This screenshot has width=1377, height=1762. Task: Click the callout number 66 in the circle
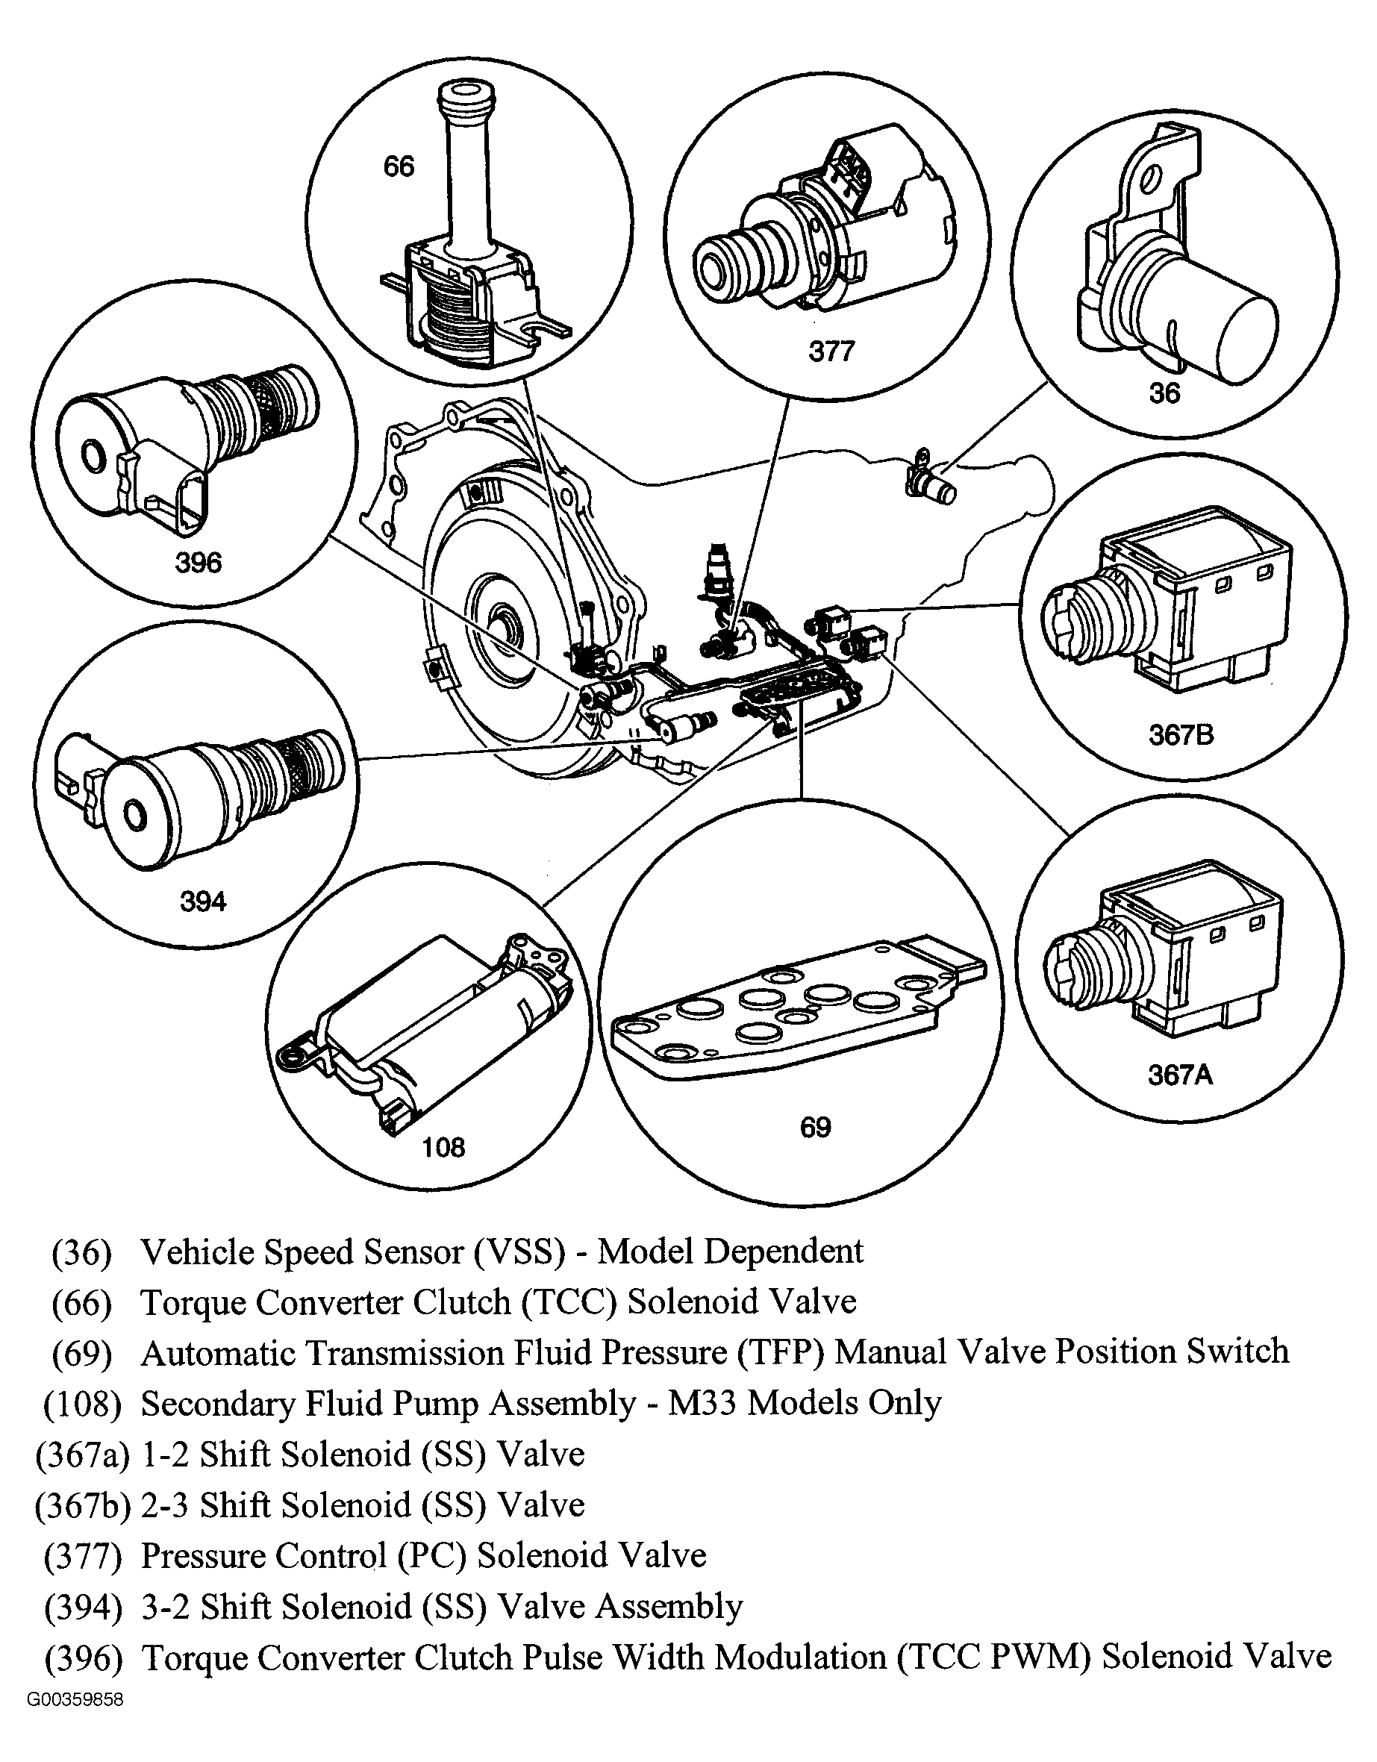point(399,167)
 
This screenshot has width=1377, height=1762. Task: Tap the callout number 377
point(831,352)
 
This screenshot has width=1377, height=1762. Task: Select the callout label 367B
point(1181,735)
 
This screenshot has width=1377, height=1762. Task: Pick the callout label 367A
point(1180,1075)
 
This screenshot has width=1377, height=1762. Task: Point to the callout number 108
point(443,1147)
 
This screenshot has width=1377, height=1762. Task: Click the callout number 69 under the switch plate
point(816,1127)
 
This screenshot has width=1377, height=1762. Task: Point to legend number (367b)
point(83,1505)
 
